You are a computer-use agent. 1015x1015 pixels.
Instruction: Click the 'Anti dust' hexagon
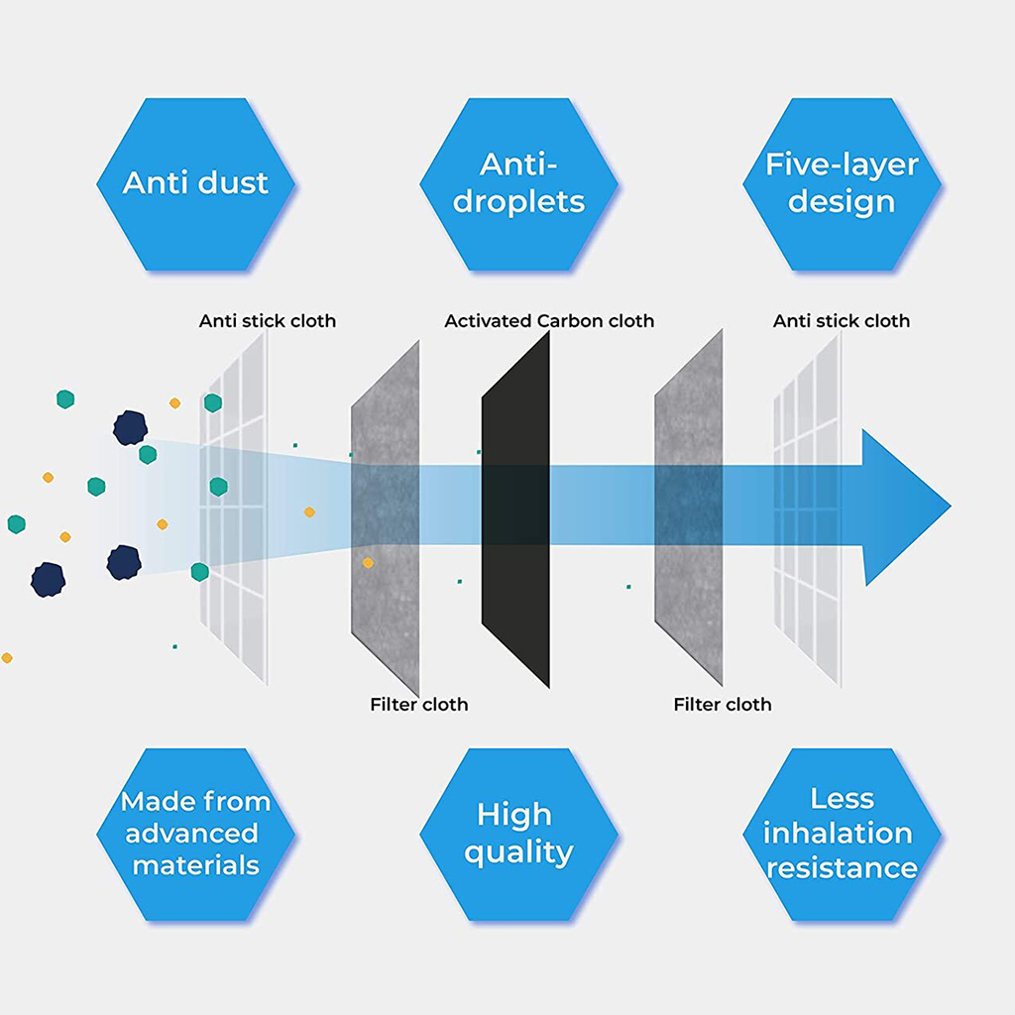click(x=195, y=184)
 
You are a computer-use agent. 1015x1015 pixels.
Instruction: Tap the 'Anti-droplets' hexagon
click(x=518, y=184)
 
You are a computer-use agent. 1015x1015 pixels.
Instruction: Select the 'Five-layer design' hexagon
click(x=842, y=184)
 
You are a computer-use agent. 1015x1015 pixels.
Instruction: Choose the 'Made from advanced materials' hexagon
click(x=195, y=835)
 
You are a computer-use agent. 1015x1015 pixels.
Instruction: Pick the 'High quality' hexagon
click(x=518, y=835)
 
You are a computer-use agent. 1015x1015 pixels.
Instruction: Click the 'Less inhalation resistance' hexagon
click(x=842, y=835)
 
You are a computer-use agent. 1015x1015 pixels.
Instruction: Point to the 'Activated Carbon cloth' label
click(x=549, y=321)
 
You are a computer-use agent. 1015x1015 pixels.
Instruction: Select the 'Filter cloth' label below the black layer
click(x=418, y=705)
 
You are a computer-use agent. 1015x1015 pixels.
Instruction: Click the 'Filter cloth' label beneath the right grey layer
click(x=722, y=705)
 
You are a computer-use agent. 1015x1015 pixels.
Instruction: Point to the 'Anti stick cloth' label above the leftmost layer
click(x=267, y=321)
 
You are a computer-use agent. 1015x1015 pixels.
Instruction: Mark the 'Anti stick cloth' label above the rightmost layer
click(x=841, y=321)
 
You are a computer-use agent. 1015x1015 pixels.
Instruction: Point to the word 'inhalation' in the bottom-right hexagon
click(x=838, y=834)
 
